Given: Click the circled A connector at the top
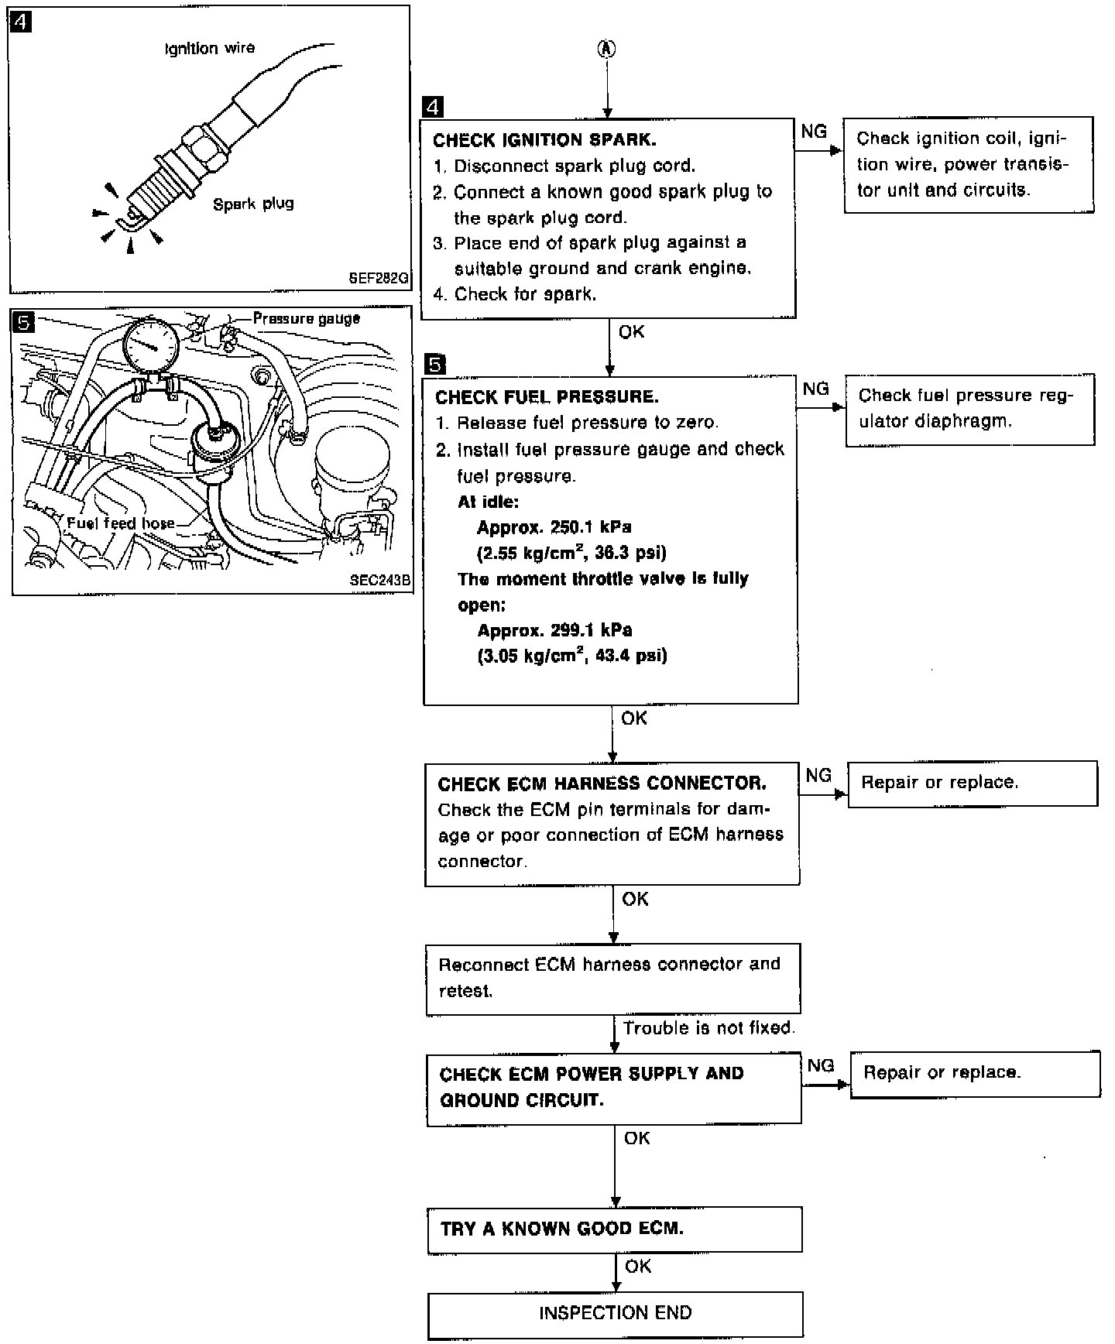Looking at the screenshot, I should tap(608, 49).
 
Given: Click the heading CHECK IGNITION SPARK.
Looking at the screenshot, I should tap(544, 140).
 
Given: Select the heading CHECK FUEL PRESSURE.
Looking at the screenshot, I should tap(547, 397).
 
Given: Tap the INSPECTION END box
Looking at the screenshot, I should tap(615, 1313).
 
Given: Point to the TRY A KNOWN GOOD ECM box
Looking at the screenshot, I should tap(614, 1229).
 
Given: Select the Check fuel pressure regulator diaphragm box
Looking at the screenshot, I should tap(969, 409).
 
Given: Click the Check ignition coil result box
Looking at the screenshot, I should tap(968, 164).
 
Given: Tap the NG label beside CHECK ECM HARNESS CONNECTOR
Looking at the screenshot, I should tap(818, 775).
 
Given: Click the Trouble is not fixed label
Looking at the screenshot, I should tap(708, 1028).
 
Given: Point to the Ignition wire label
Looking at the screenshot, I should tap(210, 49).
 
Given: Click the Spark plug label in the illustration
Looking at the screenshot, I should tap(253, 204).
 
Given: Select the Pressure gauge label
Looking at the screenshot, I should tap(307, 318).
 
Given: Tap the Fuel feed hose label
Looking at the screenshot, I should tap(121, 523).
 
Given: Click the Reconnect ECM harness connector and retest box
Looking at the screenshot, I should tap(612, 978).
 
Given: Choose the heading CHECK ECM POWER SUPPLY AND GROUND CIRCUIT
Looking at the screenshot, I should tap(592, 1087).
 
